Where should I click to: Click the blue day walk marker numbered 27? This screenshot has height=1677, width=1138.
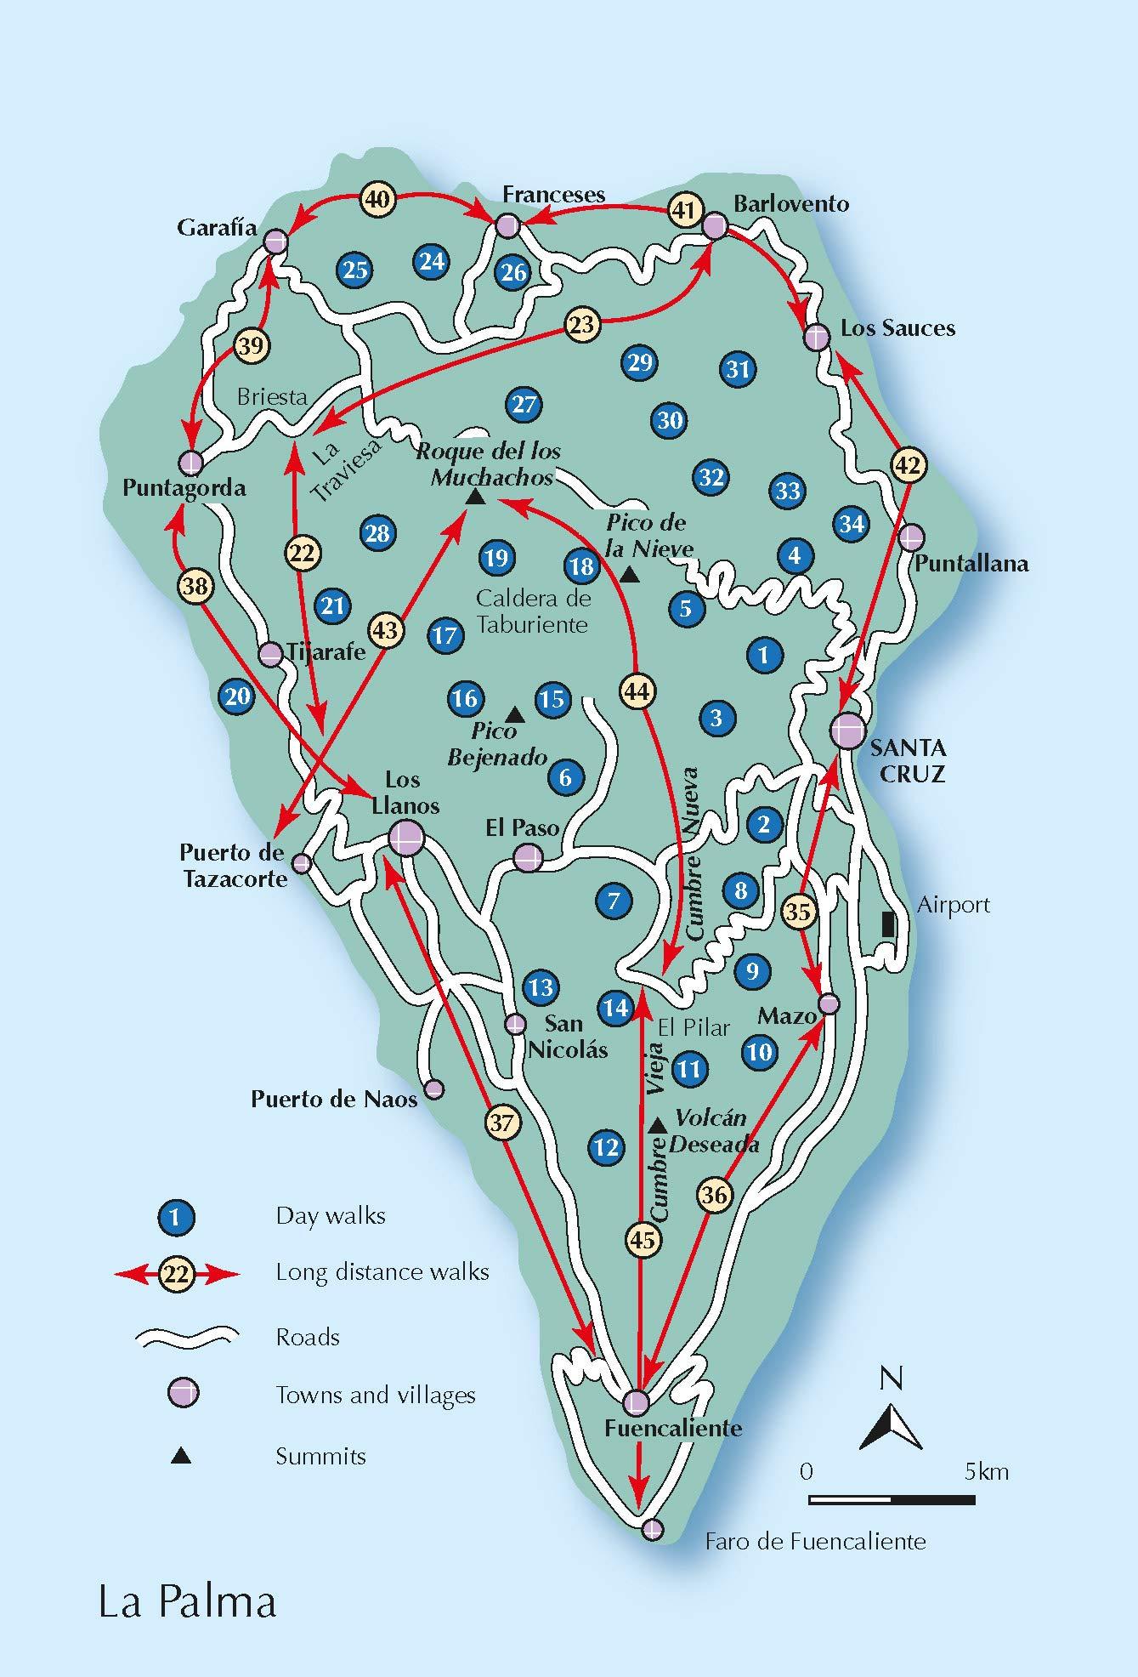[x=524, y=404]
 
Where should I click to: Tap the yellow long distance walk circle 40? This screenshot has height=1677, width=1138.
[x=377, y=199]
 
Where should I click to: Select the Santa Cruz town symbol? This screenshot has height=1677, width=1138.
[x=847, y=730]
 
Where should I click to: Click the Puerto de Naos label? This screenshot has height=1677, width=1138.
[x=334, y=1100]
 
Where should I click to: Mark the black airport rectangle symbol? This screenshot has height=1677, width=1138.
[x=888, y=924]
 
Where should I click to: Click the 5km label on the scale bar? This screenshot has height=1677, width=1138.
[x=987, y=1472]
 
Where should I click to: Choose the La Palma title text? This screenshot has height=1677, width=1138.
[x=188, y=1602]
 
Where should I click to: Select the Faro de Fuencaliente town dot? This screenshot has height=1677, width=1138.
[x=652, y=1529]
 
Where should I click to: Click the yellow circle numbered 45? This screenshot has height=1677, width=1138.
[x=643, y=1240]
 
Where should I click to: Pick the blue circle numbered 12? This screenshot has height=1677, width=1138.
[x=606, y=1148]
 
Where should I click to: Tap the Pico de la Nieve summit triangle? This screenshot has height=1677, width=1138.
[x=629, y=576]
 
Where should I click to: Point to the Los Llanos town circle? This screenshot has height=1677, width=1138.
[x=405, y=838]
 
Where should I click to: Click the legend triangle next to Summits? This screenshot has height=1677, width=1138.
[x=181, y=1457]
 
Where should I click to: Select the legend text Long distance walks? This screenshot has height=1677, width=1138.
[x=382, y=1272]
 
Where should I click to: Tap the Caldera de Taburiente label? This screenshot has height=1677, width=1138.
[x=532, y=611]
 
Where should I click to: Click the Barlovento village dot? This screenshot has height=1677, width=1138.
[x=715, y=226]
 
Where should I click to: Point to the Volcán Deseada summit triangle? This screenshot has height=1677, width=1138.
[x=656, y=1126]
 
